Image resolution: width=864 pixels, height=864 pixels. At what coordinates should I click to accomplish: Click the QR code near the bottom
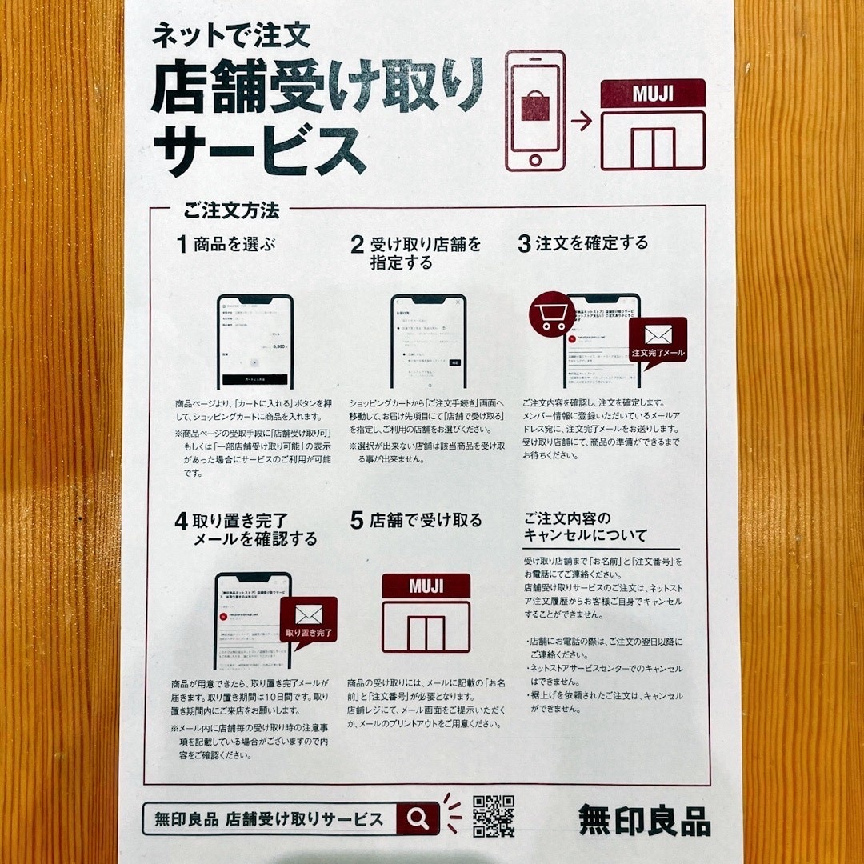coord(493,816)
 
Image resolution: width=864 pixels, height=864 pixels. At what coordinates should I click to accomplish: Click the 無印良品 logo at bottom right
coord(644,820)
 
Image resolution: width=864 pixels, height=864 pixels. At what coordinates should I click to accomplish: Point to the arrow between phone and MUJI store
coord(582,122)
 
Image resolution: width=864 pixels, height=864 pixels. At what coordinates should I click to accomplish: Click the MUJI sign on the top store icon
coord(653,94)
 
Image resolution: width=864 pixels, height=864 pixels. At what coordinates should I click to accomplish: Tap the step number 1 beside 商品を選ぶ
coord(182,245)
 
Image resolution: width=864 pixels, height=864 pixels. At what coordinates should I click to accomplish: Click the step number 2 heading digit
coord(357,245)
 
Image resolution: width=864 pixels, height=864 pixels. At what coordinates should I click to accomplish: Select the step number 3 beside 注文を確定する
coord(524,244)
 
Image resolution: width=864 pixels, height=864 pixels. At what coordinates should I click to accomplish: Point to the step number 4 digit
coord(182,522)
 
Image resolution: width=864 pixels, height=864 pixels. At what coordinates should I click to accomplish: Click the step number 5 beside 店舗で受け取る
coord(357,521)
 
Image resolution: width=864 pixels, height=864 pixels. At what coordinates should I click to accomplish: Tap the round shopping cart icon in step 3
coord(551,315)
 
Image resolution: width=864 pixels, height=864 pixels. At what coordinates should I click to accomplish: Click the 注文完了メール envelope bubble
coord(658,341)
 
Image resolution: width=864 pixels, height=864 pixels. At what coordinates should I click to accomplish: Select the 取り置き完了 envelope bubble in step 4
coord(308,621)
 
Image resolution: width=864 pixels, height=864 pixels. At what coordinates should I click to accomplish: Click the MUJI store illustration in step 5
coord(426,613)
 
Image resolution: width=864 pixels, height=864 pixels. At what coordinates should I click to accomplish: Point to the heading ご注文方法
coord(231,212)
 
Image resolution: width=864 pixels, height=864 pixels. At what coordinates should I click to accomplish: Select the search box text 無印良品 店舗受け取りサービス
coord(269,818)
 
